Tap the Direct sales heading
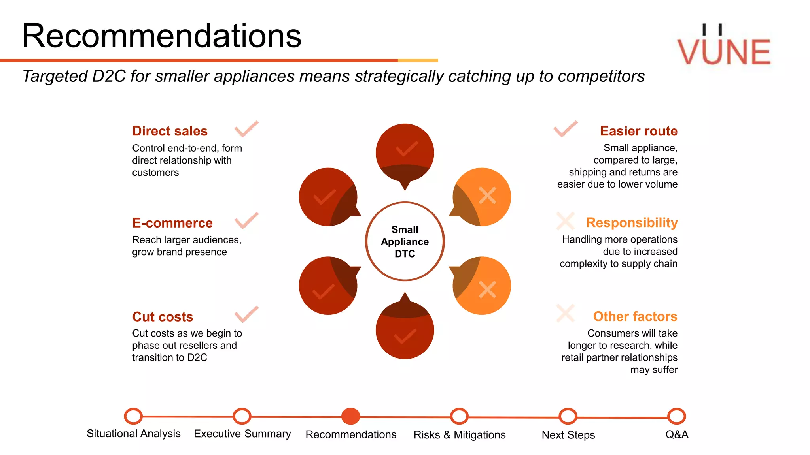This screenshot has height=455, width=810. pyautogui.click(x=170, y=131)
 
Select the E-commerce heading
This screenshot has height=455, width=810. pyautogui.click(x=172, y=223)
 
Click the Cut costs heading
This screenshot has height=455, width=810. pyautogui.click(x=163, y=317)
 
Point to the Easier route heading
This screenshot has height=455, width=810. pyautogui.click(x=638, y=131)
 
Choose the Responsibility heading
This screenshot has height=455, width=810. pyautogui.click(x=632, y=222)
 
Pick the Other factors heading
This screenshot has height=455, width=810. pyautogui.click(x=635, y=316)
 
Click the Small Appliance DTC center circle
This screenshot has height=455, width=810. pyautogui.click(x=405, y=241)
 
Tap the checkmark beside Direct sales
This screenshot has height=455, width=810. pyautogui.click(x=246, y=129)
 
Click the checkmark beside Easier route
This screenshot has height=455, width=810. pyautogui.click(x=566, y=129)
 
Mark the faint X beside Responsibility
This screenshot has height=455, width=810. pyautogui.click(x=566, y=221)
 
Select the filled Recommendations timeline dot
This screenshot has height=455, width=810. pyautogui.click(x=350, y=416)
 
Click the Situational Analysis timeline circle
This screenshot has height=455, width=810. pyautogui.click(x=133, y=416)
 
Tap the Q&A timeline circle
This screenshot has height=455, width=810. pyautogui.click(x=676, y=416)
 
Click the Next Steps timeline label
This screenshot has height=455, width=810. pyautogui.click(x=568, y=435)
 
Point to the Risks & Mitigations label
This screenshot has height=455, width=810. pyautogui.click(x=459, y=435)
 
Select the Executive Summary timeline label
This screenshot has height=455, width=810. pyautogui.click(x=242, y=434)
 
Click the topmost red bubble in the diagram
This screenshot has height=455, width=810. pyautogui.click(x=405, y=152)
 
